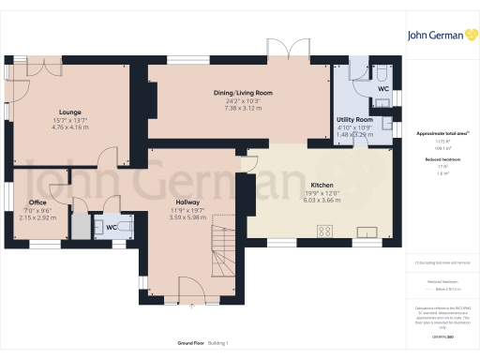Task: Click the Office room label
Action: tap(37, 202)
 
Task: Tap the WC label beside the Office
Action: tap(111, 227)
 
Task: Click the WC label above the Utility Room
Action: tap(382, 88)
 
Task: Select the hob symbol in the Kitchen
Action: tap(326, 231)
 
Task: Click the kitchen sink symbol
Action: tap(367, 231)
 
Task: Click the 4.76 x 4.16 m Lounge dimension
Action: tap(70, 126)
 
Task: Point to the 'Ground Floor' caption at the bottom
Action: tap(181, 343)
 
